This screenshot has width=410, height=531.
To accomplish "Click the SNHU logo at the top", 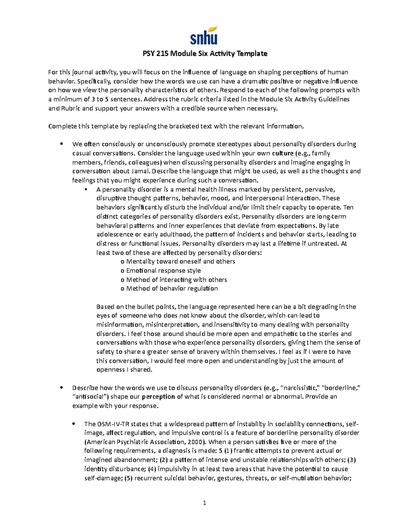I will [x=204, y=36].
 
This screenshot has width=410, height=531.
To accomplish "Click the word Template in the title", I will [x=252, y=53].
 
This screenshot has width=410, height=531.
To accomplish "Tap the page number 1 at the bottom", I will [x=204, y=503].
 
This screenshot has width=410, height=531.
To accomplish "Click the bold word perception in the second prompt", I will [x=158, y=397].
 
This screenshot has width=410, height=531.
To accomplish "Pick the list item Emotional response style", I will [x=163, y=270].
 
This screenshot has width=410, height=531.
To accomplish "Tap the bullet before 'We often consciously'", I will [x=61, y=144].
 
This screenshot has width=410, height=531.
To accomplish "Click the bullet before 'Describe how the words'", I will [x=61, y=388].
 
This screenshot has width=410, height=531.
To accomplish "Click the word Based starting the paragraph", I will [x=105, y=307].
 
